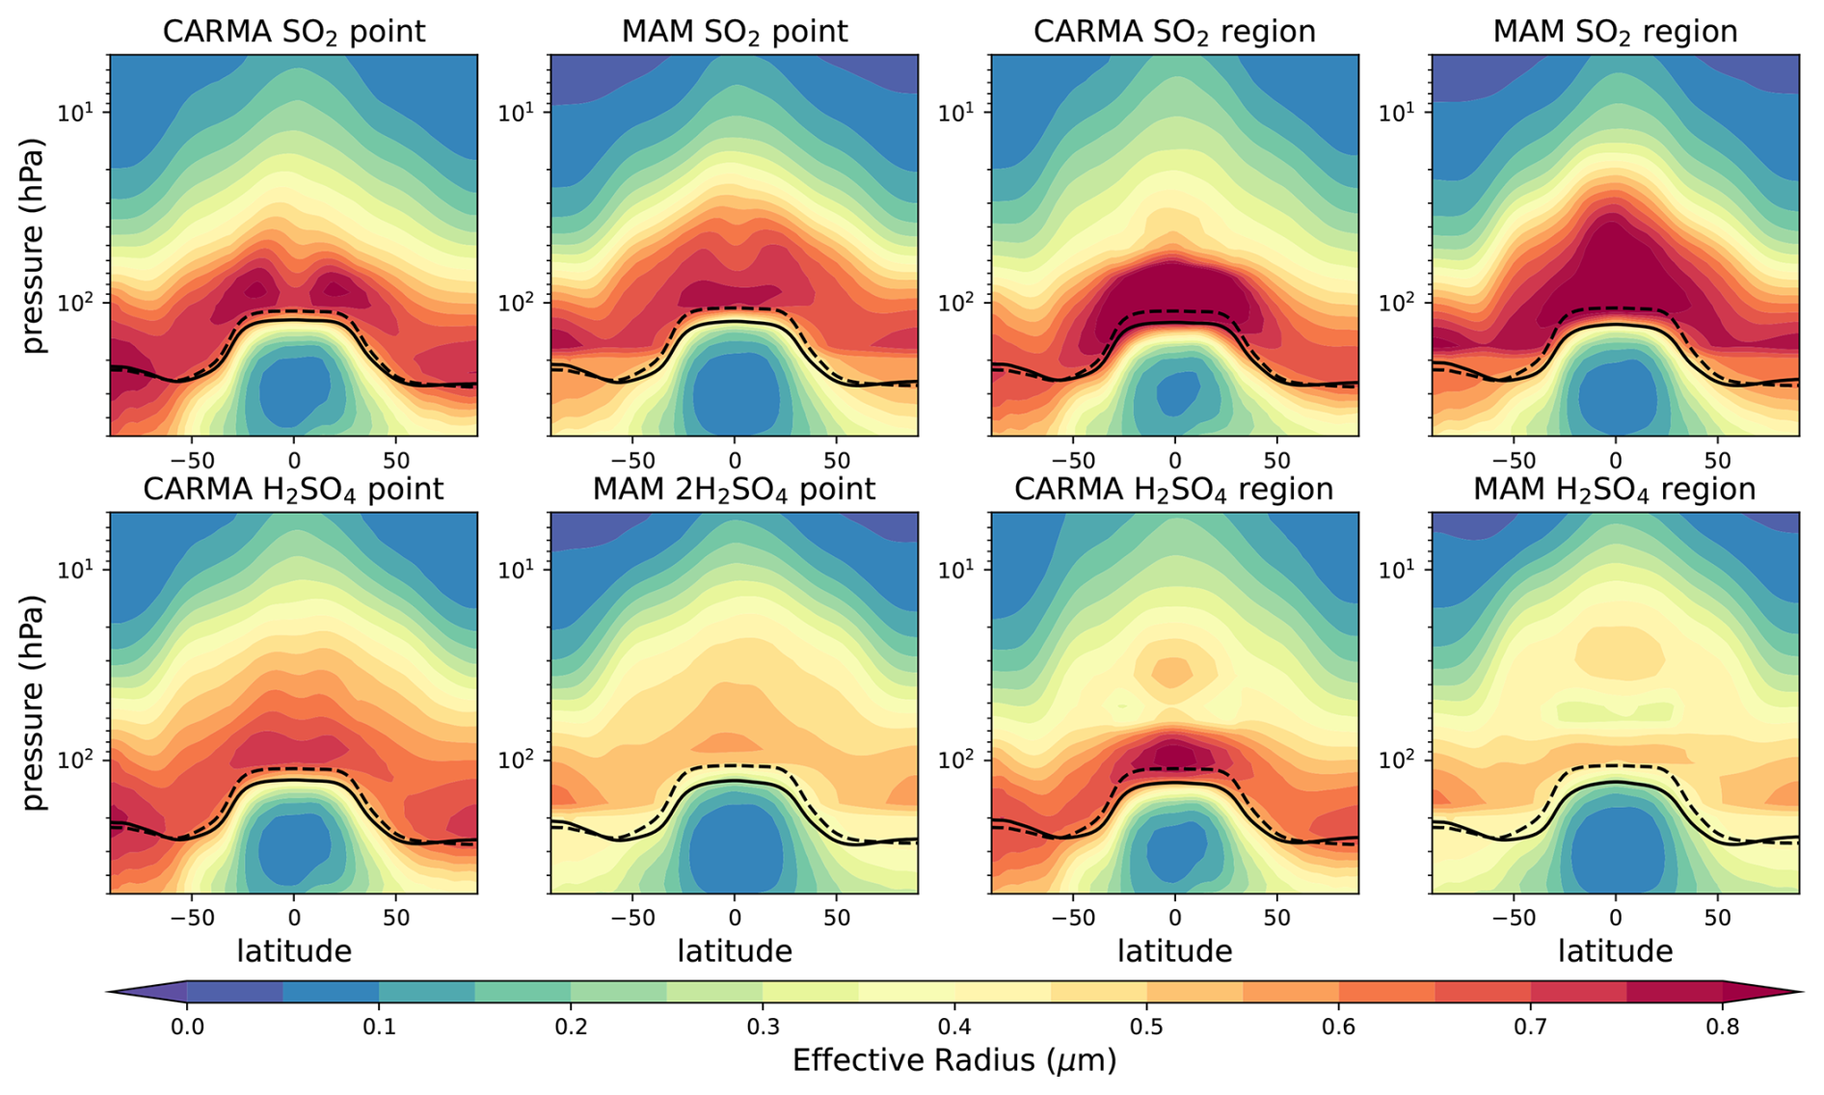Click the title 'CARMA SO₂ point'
[x=293, y=32]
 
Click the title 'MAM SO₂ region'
[x=1615, y=32]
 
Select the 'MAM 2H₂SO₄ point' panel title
[x=734, y=490]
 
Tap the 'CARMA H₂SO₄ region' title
[x=1173, y=490]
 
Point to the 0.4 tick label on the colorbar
[x=954, y=1027]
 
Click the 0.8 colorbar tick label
[x=1722, y=1027]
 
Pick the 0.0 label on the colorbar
[x=187, y=1027]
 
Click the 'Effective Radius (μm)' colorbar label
[x=954, y=1061]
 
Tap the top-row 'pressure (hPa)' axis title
[x=35, y=246]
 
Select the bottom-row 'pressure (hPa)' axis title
[x=35, y=703]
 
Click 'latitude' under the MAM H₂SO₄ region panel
[x=1615, y=951]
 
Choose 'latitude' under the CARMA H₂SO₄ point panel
[x=294, y=951]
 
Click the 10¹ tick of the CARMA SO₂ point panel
[x=80, y=112]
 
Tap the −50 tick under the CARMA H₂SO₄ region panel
[x=1072, y=918]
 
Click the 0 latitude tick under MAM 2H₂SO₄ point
[x=735, y=918]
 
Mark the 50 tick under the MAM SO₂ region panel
[x=1718, y=460]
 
